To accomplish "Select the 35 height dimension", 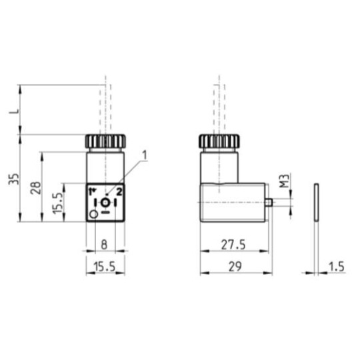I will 11,178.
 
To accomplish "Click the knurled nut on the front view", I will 105,142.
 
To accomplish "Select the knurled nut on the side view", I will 219,142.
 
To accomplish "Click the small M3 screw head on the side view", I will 269,202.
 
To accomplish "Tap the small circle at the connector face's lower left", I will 94,213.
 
